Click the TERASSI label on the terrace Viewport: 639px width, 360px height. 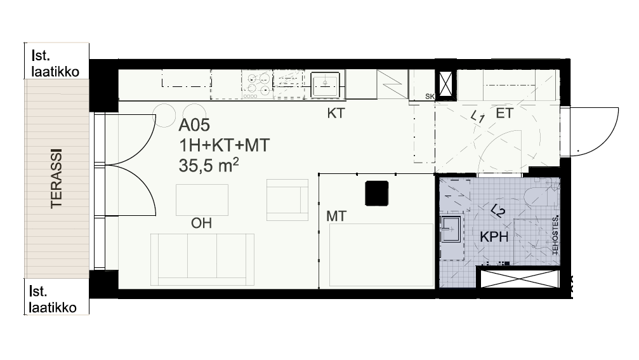[x=56, y=178]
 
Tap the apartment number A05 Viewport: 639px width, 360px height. [x=194, y=125]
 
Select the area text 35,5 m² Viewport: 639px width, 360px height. [x=209, y=166]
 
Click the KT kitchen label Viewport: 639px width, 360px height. [x=336, y=113]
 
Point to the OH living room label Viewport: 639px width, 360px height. [x=201, y=223]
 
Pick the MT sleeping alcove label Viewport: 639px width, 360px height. [x=336, y=216]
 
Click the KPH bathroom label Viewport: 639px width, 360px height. [x=494, y=237]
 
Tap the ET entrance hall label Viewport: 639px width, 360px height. [x=504, y=113]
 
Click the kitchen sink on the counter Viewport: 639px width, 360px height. [x=325, y=84]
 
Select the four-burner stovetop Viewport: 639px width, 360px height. [x=258, y=84]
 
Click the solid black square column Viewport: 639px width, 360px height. [x=376, y=193]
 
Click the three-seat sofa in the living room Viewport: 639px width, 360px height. [x=202, y=260]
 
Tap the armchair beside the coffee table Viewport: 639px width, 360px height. [x=287, y=200]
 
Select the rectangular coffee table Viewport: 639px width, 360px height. [x=202, y=200]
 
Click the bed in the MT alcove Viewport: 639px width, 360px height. [x=381, y=255]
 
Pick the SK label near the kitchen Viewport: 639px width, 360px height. [x=430, y=97]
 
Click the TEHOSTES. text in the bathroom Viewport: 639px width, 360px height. [x=555, y=236]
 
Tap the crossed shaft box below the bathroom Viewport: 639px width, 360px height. [x=520, y=279]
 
